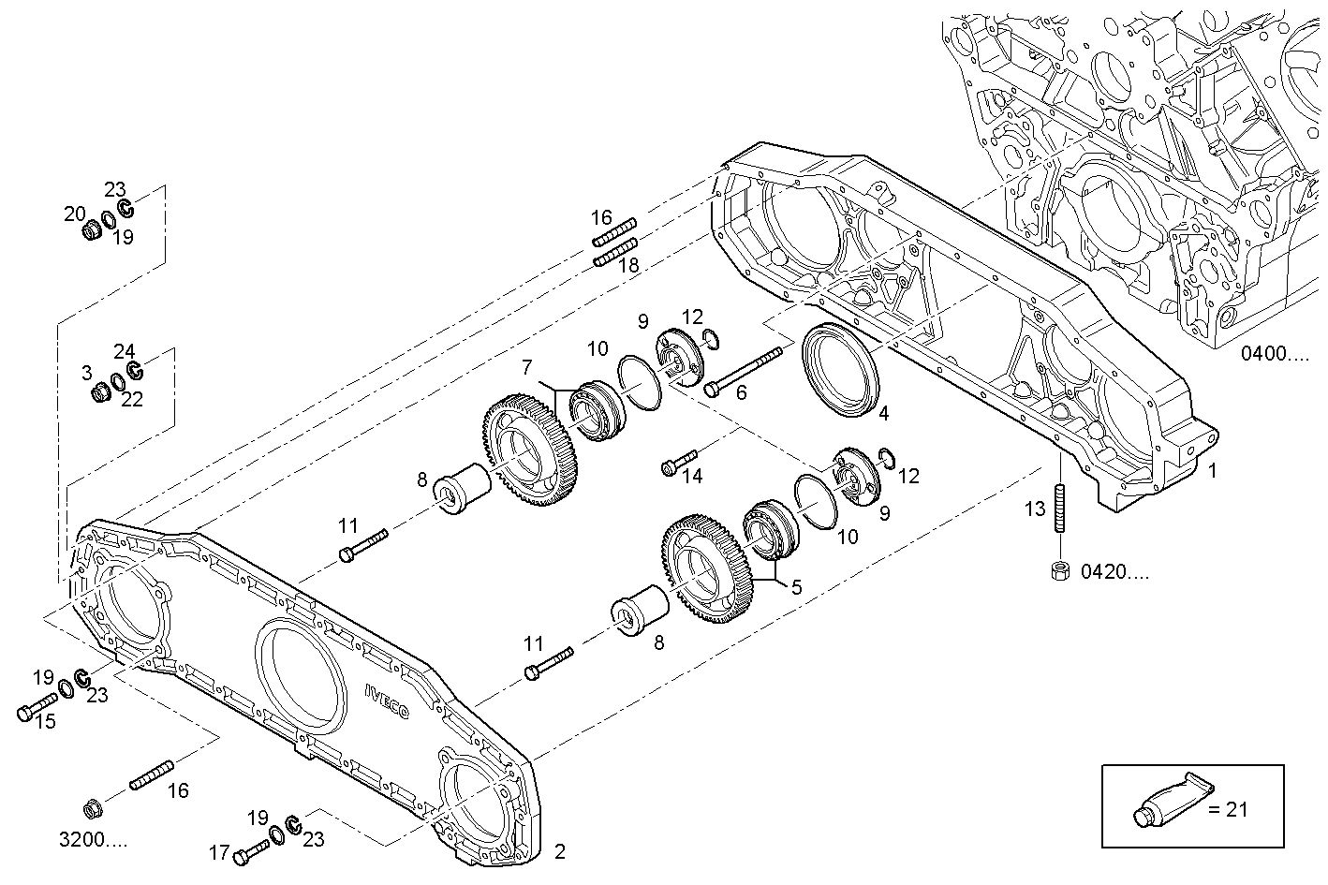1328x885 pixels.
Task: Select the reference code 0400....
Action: [1276, 354]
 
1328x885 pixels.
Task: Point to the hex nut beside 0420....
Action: [1060, 570]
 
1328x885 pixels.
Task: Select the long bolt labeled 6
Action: [745, 370]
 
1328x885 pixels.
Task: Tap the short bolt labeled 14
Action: [679, 463]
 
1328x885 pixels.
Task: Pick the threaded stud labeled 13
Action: [1060, 509]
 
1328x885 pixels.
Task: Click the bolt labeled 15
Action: [37, 707]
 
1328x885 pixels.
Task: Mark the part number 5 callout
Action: [796, 588]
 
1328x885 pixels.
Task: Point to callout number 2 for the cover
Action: [559, 851]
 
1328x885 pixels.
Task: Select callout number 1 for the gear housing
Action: [1212, 471]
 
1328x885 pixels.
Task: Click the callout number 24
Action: [125, 351]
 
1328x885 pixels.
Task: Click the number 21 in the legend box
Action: [1236, 809]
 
